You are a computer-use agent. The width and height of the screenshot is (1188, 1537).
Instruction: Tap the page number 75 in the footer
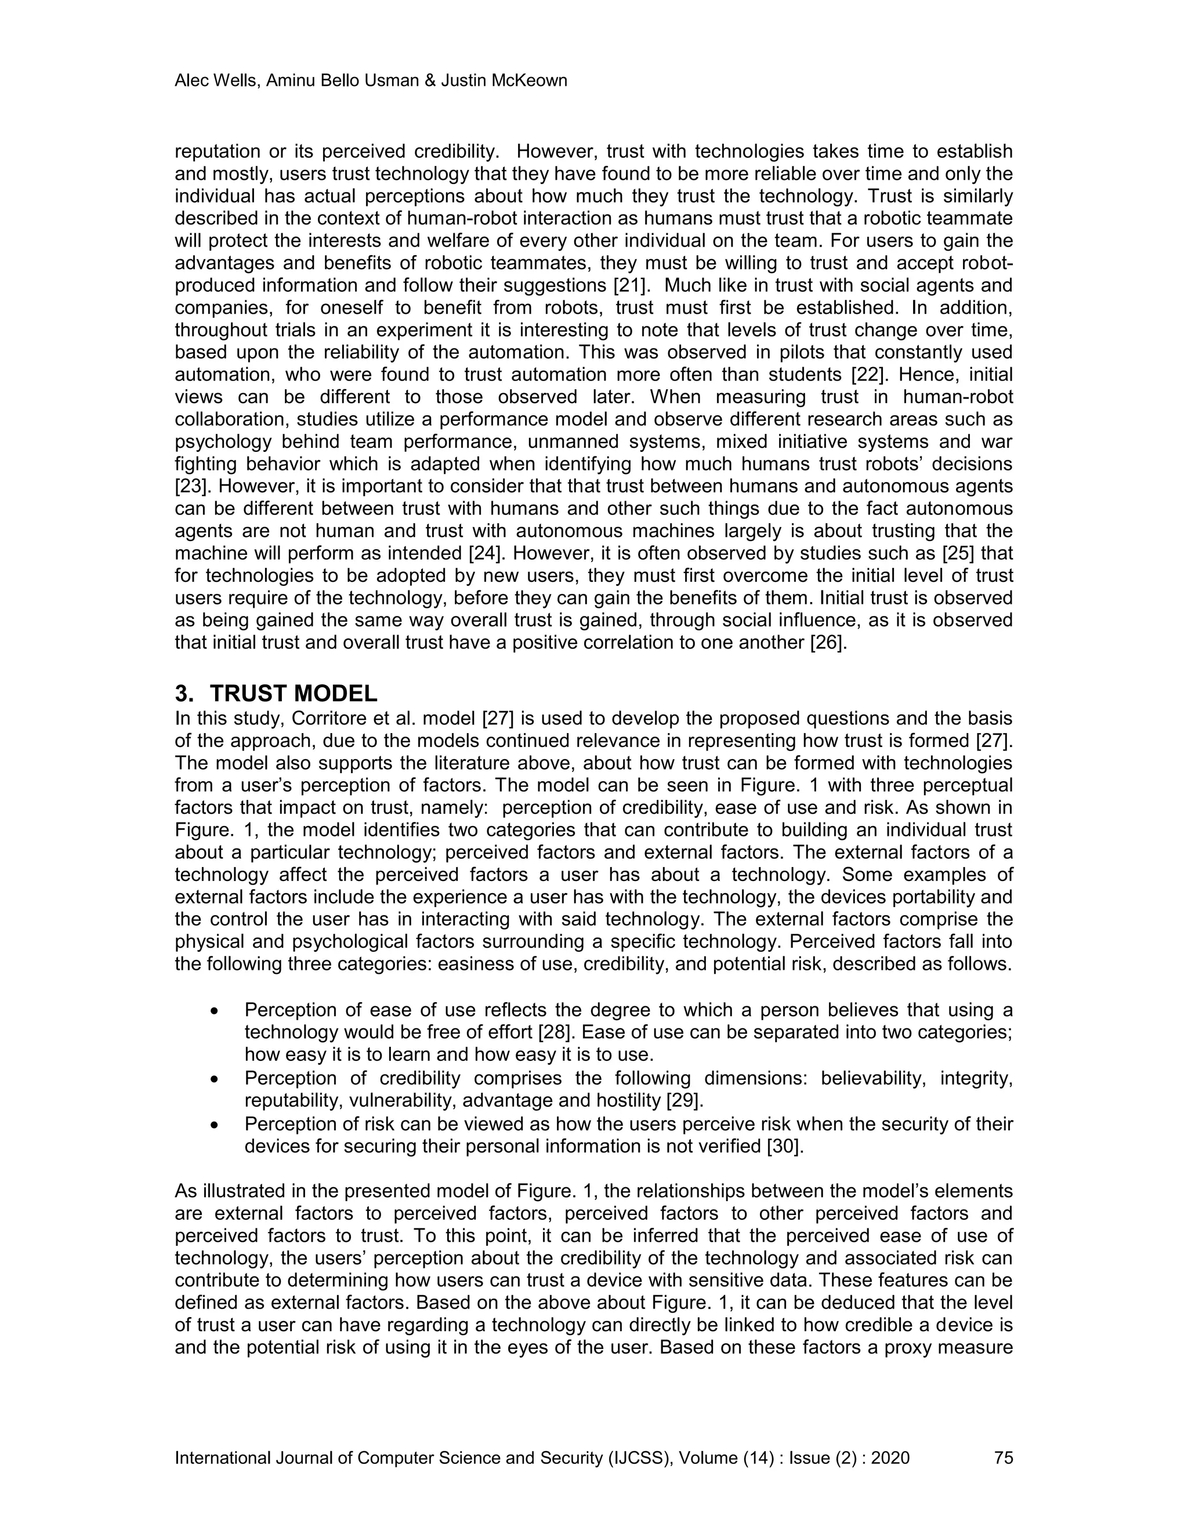click(1004, 1458)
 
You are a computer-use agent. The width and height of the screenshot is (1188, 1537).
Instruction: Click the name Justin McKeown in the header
click(504, 81)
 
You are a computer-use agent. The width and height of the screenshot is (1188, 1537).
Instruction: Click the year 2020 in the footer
click(890, 1458)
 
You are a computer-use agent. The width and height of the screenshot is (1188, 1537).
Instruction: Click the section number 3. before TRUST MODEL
click(184, 694)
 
